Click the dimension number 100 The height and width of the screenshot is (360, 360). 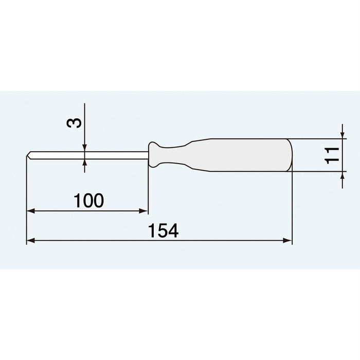[x=88, y=201]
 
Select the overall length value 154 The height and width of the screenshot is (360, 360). [x=164, y=231]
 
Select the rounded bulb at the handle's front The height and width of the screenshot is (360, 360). [x=156, y=155]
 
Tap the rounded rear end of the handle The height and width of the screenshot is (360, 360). [x=289, y=155]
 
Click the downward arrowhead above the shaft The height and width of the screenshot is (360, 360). [x=85, y=148]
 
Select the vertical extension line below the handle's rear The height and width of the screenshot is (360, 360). [x=292, y=211]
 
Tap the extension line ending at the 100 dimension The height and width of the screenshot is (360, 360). [x=148, y=190]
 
